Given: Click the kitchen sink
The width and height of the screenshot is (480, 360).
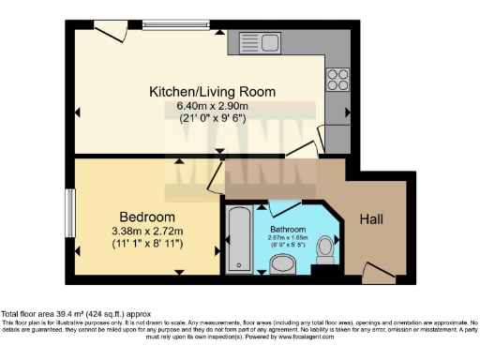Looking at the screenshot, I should (x=262, y=41).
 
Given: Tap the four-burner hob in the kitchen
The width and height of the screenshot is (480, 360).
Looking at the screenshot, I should (x=337, y=78).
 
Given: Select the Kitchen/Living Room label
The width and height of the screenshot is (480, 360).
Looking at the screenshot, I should (x=213, y=92).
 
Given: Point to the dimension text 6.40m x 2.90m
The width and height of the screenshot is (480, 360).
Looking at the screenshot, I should (x=213, y=106).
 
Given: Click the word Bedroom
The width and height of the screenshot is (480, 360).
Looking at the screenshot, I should (x=144, y=216).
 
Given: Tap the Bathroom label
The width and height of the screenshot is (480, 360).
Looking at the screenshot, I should (x=287, y=228).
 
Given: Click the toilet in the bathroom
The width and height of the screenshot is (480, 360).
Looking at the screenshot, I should (x=324, y=249).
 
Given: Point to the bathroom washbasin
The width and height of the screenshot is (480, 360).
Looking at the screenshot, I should (x=282, y=266).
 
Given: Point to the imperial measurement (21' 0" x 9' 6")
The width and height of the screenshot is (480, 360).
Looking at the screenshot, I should (x=213, y=120).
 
